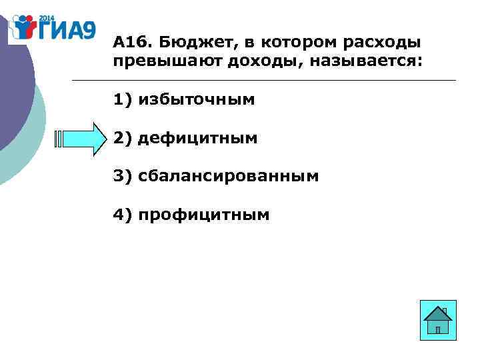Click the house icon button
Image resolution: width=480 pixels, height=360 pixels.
pyautogui.click(x=439, y=319)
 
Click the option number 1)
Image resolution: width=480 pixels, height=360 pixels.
pyautogui.click(x=123, y=100)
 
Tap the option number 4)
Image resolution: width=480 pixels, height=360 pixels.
pyautogui.click(x=123, y=215)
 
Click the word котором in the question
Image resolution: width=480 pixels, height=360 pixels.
pyautogui.click(x=293, y=43)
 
